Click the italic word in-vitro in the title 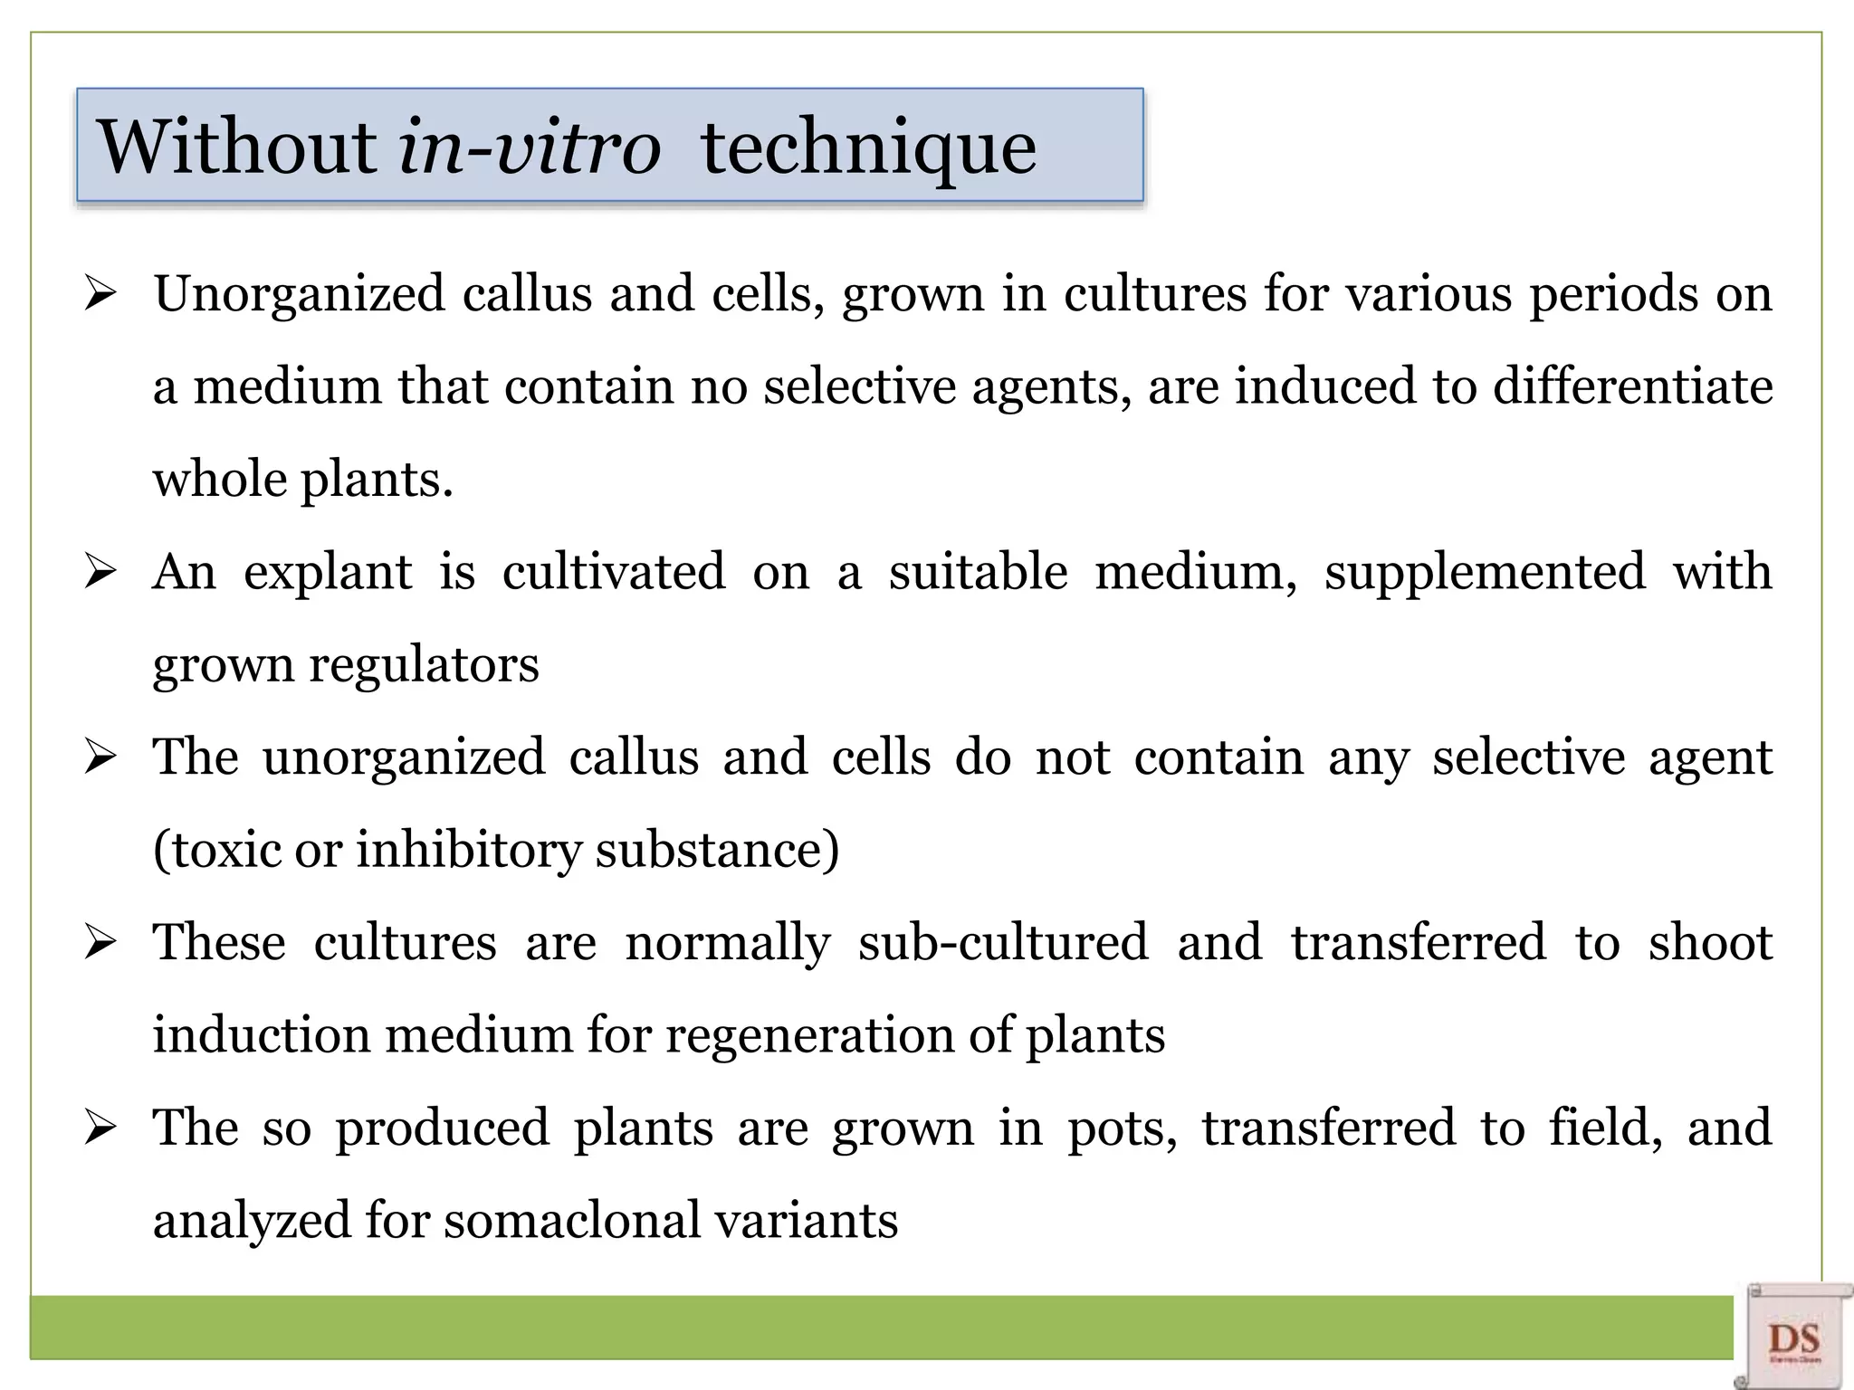pos(529,147)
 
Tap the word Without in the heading pos(237,147)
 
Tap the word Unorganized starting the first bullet pos(299,295)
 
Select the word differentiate pos(1631,386)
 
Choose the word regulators pos(424,665)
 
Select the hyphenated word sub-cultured pos(1003,943)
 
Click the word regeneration pos(809,1035)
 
